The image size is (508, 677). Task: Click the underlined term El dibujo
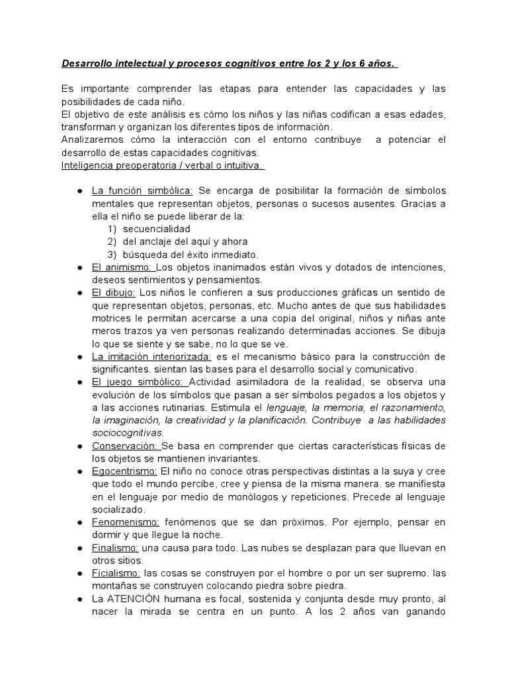coord(114,293)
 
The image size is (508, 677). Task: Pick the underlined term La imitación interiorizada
coord(151,356)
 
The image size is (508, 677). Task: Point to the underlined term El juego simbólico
coord(140,382)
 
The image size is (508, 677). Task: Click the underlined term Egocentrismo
coord(124,471)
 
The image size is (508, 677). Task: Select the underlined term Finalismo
coord(115,547)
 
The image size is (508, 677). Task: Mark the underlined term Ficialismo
coord(116,573)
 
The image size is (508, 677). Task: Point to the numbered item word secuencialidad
coord(152,229)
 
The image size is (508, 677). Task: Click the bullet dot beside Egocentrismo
coord(79,471)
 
